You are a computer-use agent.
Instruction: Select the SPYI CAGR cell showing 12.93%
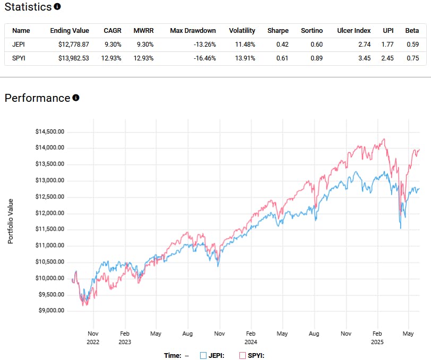[111, 58]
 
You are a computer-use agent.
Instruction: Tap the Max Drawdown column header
[193, 31]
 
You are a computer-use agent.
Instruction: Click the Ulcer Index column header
[354, 31]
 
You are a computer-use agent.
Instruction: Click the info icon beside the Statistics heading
[57, 7]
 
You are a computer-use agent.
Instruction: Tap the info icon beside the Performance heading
[76, 98]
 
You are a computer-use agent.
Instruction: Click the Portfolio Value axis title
[11, 221]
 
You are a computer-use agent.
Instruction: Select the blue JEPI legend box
[203, 355]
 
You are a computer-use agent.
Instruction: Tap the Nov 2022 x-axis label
[93, 338]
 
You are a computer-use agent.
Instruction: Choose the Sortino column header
[311, 31]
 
